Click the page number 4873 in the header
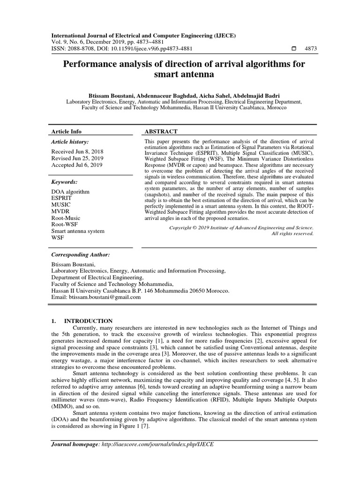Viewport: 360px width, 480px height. [x=311, y=49]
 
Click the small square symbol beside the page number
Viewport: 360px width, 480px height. [x=294, y=49]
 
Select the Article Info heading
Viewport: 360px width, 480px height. [x=66, y=132]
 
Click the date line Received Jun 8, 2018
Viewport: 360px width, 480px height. [x=77, y=152]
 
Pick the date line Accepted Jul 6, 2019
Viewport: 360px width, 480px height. [x=77, y=165]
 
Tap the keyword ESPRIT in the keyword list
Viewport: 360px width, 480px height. [x=61, y=198]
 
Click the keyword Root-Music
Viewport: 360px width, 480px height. [x=66, y=218]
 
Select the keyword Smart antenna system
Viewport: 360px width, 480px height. [x=78, y=231]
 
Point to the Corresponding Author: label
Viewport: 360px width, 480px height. [x=81, y=255]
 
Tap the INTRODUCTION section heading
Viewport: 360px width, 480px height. [x=88, y=321]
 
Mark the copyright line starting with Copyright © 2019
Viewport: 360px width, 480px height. [x=241, y=227]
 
